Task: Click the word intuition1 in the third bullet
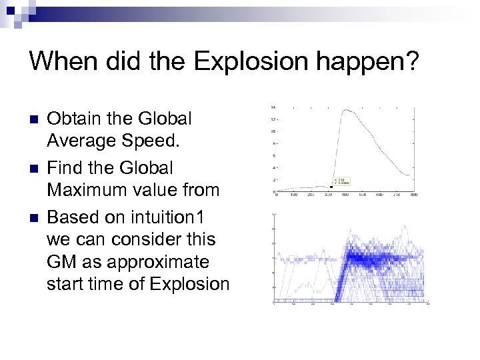(175, 217)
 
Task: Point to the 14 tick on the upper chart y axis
(274, 107)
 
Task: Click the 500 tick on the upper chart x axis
(362, 195)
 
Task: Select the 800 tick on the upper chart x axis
(413, 195)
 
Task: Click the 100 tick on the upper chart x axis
(294, 195)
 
